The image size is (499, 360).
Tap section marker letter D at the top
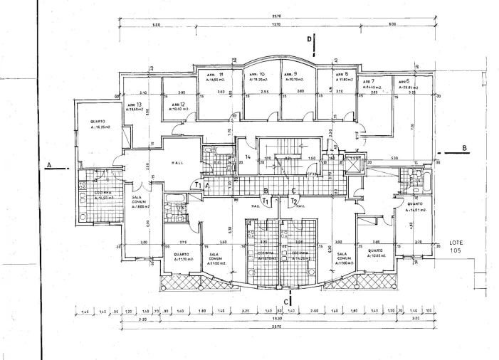(309, 39)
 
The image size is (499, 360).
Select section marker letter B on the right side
(465, 148)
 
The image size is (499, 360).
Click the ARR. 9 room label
(290, 75)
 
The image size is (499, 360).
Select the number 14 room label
(248, 157)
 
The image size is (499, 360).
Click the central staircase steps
(284, 165)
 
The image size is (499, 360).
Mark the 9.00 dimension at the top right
(392, 24)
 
